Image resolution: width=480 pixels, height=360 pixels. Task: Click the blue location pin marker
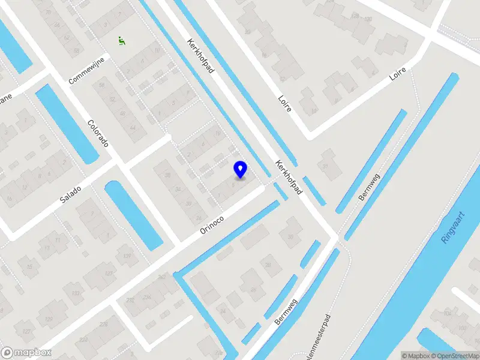coord(240,170)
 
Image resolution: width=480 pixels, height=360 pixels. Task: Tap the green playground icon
coord(122,40)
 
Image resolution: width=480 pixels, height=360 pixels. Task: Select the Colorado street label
coord(98,134)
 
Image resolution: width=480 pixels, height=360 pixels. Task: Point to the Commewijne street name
coord(87,71)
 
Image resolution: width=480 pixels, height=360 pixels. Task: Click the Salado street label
coord(70,193)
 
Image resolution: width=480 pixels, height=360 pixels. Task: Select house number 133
coord(75,293)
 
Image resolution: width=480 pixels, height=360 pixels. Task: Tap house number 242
coord(161,277)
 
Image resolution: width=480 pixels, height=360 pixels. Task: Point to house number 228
coord(103,325)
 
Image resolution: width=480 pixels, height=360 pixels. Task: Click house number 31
coord(325,166)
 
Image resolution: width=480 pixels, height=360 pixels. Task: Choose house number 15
coord(28,266)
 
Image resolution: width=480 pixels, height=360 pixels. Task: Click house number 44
coord(133,128)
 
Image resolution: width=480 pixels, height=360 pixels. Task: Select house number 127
coord(26,331)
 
